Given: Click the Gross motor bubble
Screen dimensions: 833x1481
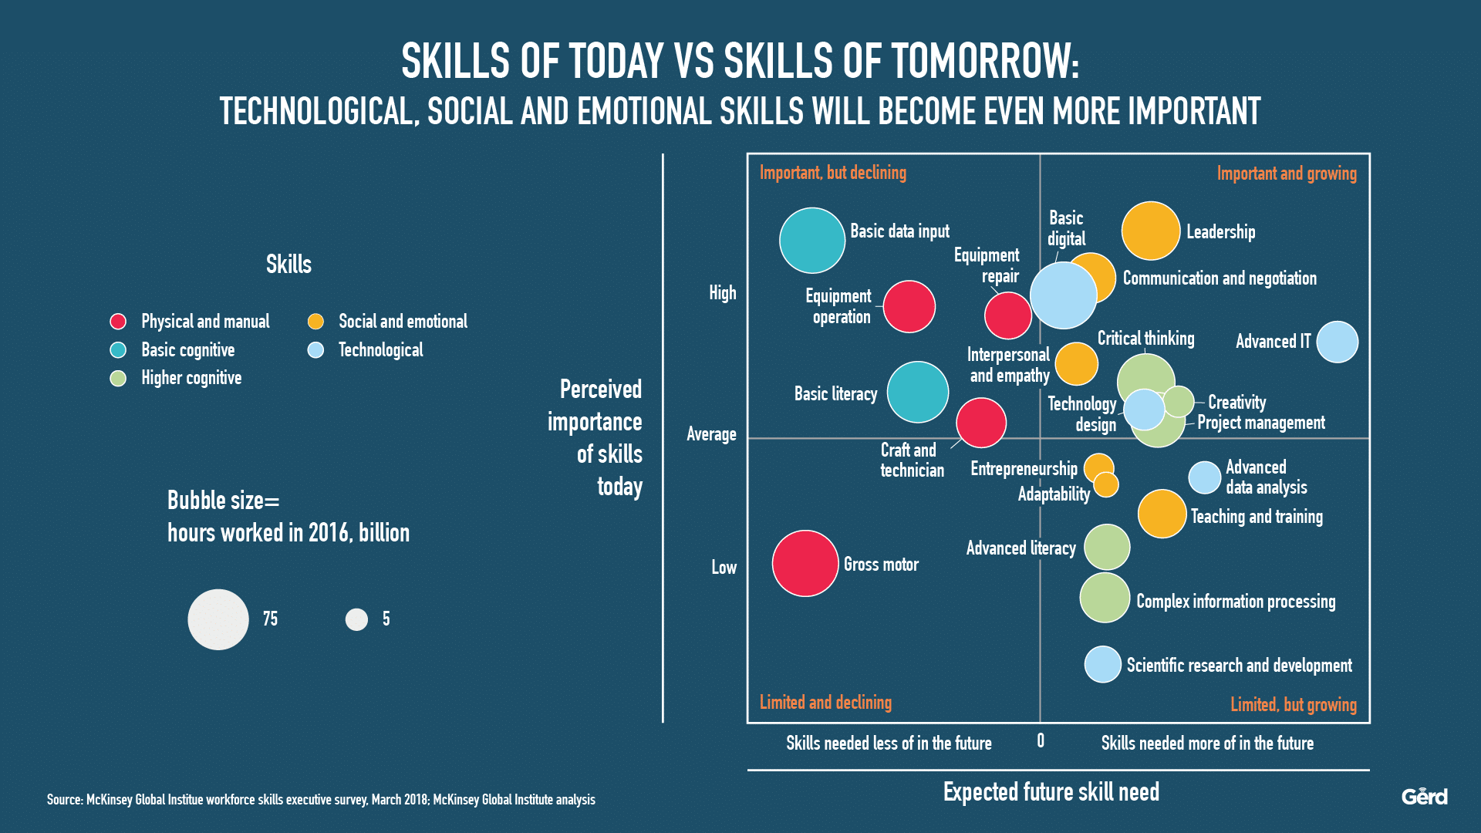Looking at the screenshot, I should point(805,563).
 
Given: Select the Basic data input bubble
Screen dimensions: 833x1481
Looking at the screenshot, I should point(812,241).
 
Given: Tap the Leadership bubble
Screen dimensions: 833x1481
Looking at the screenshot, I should point(1151,231).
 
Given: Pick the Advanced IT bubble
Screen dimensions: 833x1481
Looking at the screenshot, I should point(1338,342).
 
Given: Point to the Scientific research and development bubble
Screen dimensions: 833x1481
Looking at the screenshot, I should point(1103,664).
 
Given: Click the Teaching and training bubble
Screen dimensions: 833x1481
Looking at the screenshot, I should point(1162,514).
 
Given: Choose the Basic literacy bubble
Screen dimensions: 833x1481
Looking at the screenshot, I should point(918,392).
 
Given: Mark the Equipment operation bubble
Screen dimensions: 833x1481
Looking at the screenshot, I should point(909,306).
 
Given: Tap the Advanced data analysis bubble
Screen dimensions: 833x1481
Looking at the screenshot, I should point(1204,477).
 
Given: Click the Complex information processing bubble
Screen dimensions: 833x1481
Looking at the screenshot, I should point(1105,597).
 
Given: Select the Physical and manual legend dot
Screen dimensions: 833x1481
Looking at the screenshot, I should point(118,322).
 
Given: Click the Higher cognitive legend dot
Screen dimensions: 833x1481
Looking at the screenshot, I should point(118,378).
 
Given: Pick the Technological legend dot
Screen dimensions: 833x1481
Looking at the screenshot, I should point(315,350).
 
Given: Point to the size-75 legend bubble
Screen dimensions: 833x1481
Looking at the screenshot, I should point(218,619).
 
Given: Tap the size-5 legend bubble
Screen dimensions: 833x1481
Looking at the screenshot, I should point(356,619).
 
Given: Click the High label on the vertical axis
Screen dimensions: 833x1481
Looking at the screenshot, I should point(723,293).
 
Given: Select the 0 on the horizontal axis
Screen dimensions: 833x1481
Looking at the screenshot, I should point(1041,741).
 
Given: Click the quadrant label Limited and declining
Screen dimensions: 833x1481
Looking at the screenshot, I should point(825,702).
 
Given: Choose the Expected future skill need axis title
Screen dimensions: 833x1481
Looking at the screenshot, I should point(1051,792).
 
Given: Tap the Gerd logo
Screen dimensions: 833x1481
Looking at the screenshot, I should point(1424,796).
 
